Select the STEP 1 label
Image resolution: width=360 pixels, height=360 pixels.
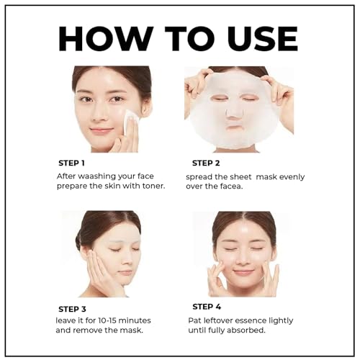point(73,162)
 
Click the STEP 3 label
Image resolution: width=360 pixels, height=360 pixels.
point(73,309)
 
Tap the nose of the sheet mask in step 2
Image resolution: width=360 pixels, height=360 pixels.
point(235,109)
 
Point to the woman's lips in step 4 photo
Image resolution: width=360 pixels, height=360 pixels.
point(244,273)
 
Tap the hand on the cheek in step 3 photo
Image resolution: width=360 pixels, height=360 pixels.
point(101,272)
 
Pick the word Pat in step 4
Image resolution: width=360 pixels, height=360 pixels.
point(200,319)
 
